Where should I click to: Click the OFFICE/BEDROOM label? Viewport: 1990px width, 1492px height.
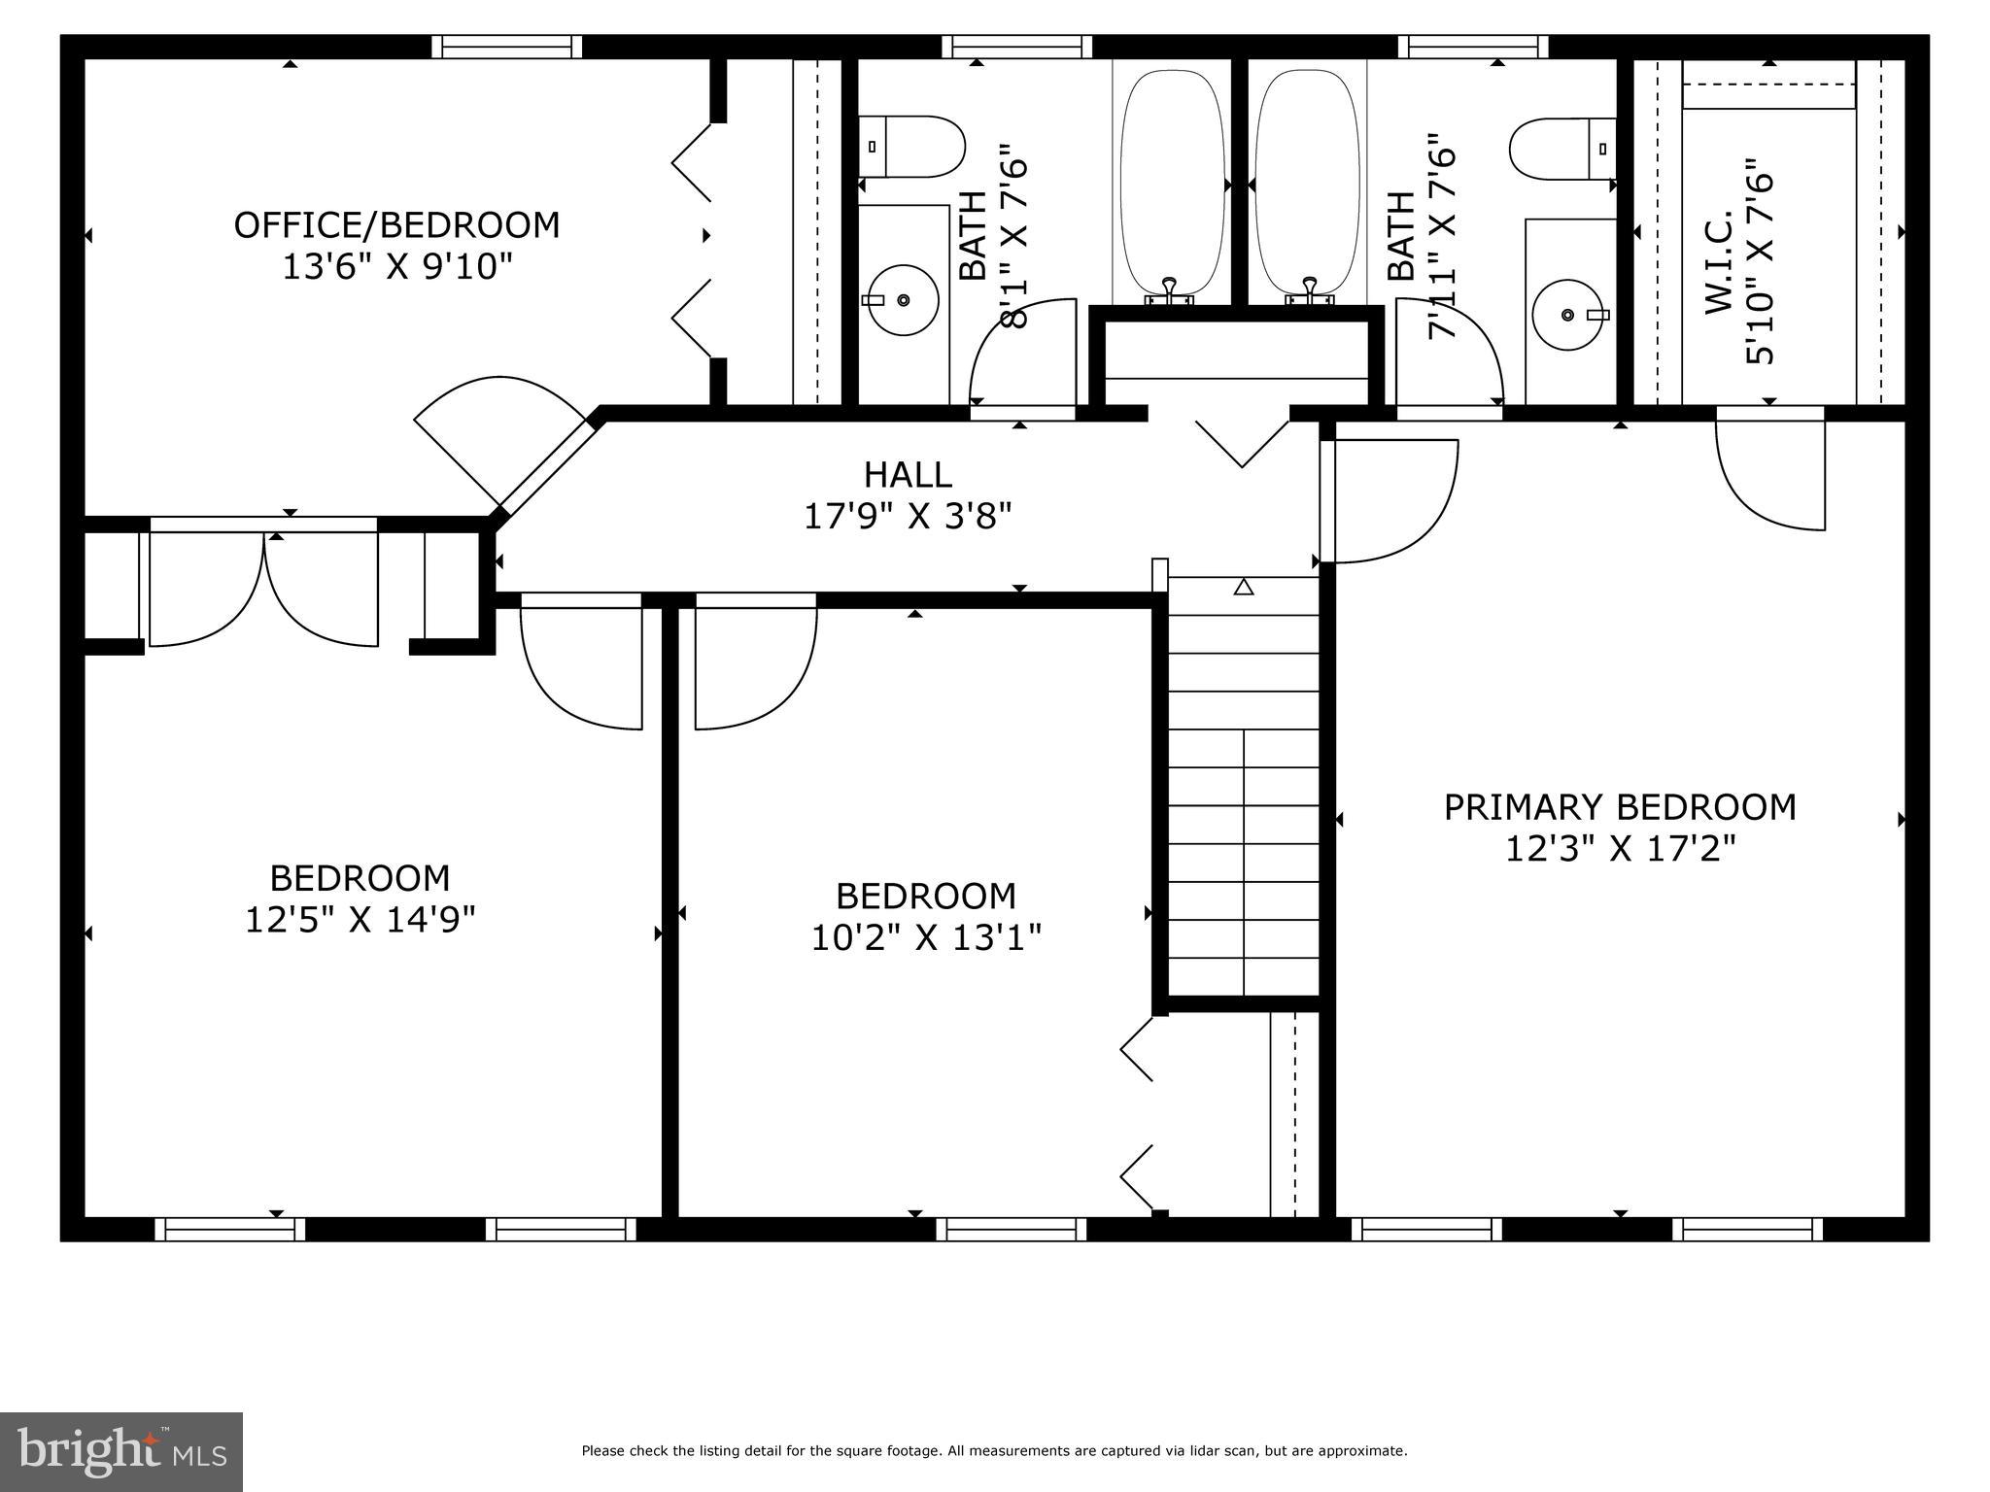tap(396, 225)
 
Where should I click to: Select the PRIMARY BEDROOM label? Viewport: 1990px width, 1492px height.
tap(1620, 807)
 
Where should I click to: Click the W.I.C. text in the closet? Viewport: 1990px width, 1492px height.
tap(1719, 262)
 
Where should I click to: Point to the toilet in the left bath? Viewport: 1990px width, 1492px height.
tap(911, 147)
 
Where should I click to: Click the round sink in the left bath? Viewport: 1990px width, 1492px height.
tap(903, 300)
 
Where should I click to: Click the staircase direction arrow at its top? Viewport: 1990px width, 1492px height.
tap(1244, 587)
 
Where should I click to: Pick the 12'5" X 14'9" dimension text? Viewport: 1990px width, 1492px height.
tap(360, 919)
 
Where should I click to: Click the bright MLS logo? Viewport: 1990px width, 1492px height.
tap(121, 1451)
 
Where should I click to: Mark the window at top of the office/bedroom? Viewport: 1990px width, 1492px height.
tap(506, 47)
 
